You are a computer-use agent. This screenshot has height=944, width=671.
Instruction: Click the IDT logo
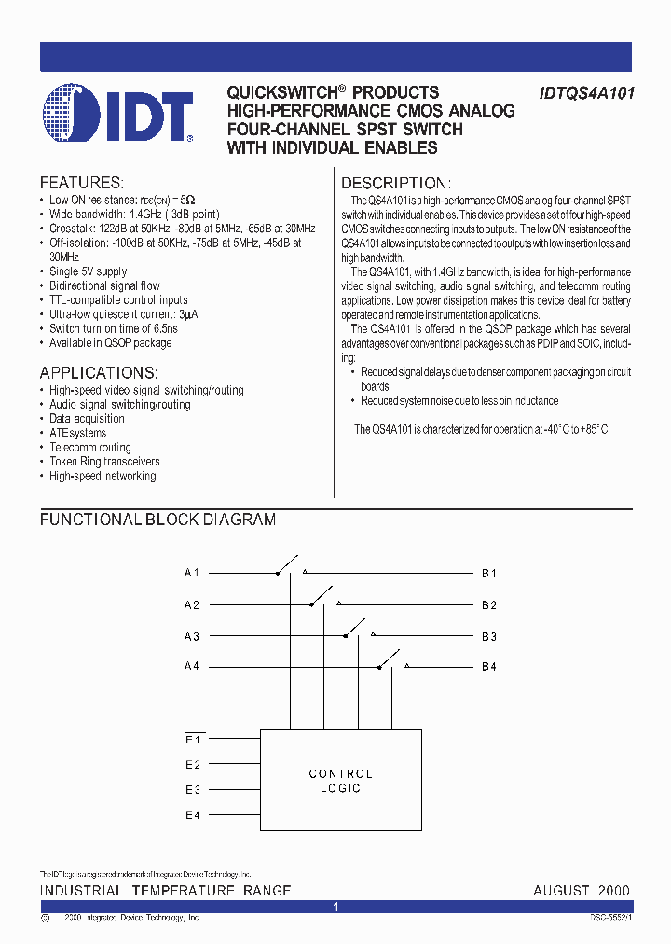117,118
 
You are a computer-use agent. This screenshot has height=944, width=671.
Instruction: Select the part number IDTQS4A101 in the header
587,93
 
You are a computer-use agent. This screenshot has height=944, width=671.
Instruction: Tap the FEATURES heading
81,183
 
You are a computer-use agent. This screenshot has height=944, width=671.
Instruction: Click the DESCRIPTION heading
395,183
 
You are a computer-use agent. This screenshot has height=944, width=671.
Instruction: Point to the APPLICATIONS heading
98,372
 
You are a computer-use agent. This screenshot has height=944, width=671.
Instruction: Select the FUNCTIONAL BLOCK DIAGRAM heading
157,520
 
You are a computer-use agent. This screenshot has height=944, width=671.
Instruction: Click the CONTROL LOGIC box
340,781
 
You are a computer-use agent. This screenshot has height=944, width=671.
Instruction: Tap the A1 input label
191,573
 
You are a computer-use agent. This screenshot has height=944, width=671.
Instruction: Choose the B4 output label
488,666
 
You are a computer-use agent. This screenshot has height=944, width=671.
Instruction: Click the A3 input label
191,636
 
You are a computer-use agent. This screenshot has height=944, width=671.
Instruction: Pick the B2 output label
488,604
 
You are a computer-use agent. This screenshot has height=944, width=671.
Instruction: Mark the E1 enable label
193,740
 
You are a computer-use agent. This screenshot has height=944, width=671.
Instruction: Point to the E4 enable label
193,815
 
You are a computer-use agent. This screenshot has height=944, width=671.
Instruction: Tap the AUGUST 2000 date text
582,891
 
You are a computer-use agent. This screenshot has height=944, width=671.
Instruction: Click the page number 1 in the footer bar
335,907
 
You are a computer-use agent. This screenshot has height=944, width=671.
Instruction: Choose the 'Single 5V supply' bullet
88,271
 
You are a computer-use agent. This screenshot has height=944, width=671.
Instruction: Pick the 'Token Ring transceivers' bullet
104,462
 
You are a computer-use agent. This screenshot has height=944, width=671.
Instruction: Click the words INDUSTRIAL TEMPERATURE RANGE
166,891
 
